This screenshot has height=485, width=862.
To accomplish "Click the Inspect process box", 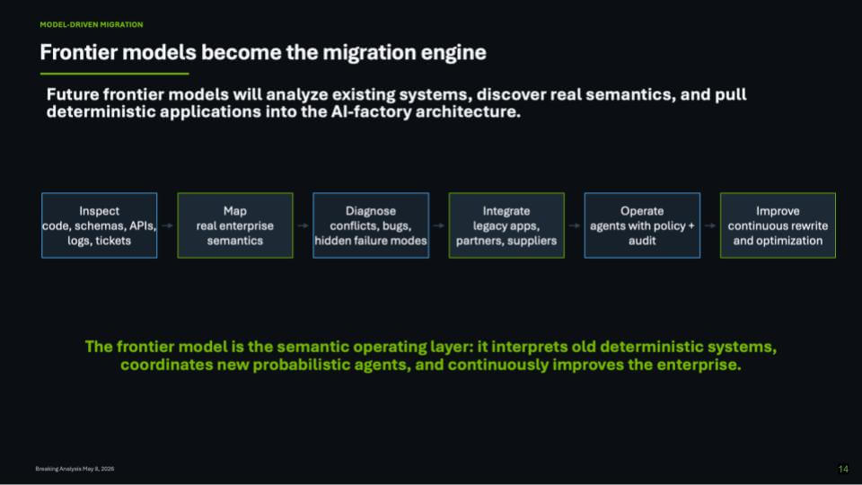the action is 99,225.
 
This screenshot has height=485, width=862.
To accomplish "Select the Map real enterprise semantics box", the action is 234,225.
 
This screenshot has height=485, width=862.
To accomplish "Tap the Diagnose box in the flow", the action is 371,225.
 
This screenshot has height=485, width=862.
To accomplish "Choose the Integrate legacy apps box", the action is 506,225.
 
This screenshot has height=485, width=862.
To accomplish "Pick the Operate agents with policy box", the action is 642,225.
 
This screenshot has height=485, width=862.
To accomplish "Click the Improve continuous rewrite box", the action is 778,225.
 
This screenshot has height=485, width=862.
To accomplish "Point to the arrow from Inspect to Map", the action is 167,225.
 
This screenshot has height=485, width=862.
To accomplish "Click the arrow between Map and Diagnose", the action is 303,225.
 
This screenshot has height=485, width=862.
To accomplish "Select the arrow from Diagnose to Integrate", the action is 439,225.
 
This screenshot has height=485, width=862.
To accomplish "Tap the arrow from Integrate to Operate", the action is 575,225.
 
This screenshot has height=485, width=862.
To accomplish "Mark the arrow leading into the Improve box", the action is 710,225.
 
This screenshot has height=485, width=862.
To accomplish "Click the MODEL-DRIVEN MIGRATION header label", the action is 92,25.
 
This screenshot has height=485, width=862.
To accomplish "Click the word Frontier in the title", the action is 79,52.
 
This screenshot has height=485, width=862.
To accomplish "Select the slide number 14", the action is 843,469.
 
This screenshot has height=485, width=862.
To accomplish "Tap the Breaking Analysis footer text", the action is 75,469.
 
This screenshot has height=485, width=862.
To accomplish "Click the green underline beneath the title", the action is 114,73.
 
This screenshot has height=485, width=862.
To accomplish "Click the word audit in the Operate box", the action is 642,241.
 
